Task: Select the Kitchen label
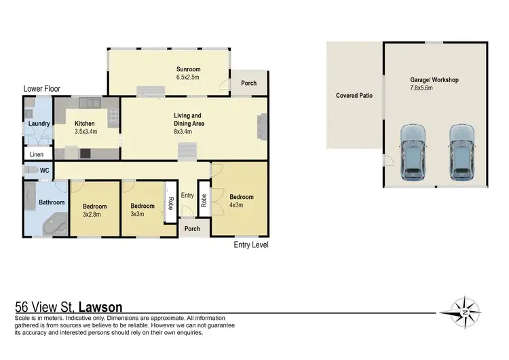[86, 124]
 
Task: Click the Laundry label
[38, 124]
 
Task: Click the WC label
[45, 170]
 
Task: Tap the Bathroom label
[52, 202]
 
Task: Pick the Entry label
[187, 196]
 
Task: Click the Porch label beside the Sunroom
[249, 84]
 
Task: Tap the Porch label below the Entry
[192, 229]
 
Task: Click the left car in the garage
[413, 151]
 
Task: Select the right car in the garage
[461, 151]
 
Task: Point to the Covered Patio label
[354, 96]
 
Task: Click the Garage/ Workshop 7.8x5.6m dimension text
[434, 88]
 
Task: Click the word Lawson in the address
[100, 307]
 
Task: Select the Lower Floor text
[43, 89]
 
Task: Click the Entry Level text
[251, 245]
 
